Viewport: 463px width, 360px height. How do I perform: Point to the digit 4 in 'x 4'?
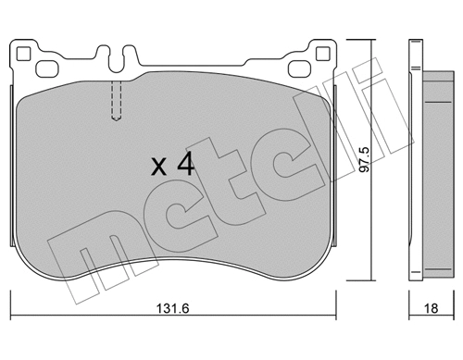(x=185, y=166)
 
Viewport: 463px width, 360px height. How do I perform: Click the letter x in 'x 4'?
(x=158, y=168)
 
